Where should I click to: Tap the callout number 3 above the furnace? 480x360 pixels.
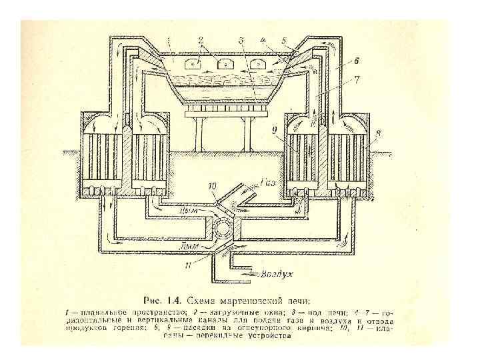click(x=241, y=41)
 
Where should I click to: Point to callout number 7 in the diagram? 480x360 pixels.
click(x=357, y=79)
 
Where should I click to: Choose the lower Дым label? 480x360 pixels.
click(x=190, y=246)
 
